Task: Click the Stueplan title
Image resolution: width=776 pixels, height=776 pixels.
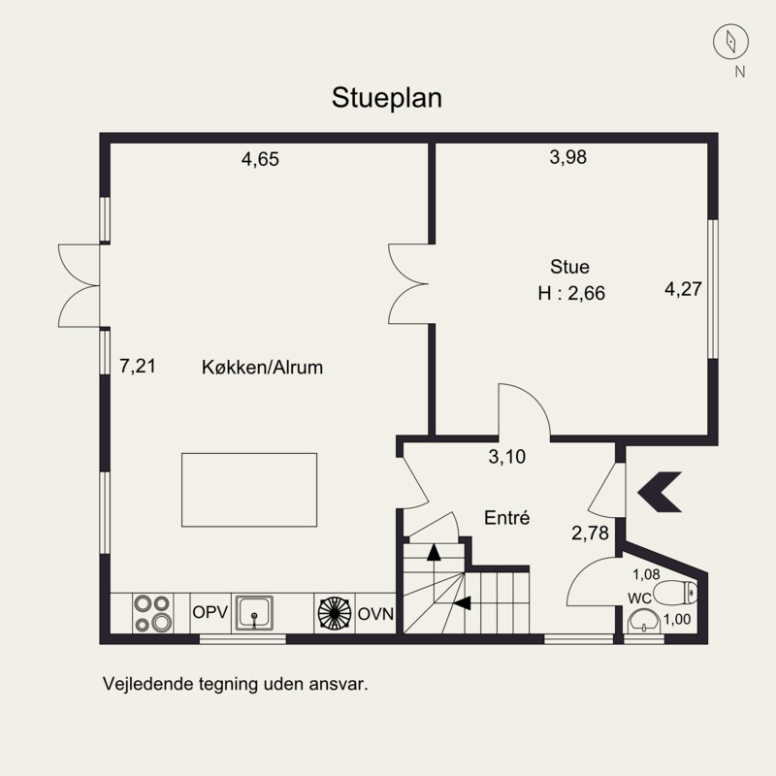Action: pyautogui.click(x=387, y=98)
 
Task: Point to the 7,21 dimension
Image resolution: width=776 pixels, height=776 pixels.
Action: pyautogui.click(x=138, y=367)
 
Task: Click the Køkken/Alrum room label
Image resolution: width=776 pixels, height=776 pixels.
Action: pyautogui.click(x=262, y=368)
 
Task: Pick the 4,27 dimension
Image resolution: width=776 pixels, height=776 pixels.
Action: pyautogui.click(x=682, y=288)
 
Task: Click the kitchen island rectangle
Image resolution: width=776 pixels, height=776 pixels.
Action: pyautogui.click(x=249, y=490)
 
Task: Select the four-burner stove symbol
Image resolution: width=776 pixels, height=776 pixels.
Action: pyautogui.click(x=152, y=613)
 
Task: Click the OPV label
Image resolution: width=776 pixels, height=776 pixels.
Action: pyautogui.click(x=210, y=613)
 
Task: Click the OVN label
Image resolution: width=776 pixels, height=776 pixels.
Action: pyautogui.click(x=373, y=613)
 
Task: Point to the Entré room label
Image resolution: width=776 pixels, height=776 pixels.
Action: pyautogui.click(x=506, y=518)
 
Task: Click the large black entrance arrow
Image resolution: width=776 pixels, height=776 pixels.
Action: pyautogui.click(x=660, y=491)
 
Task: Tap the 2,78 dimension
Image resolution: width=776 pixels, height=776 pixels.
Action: pyautogui.click(x=590, y=533)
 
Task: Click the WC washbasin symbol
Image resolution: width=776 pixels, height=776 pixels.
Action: pyautogui.click(x=643, y=622)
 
